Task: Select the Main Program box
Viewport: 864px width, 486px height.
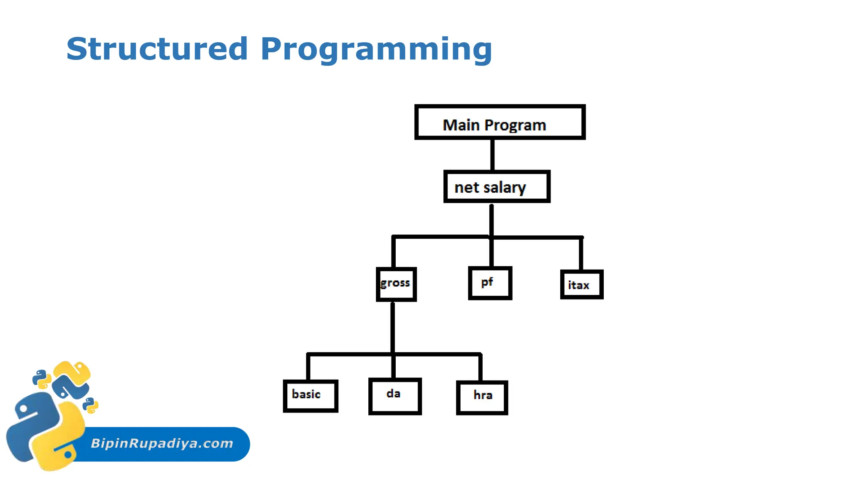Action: (x=499, y=122)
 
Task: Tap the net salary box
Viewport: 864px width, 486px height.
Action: (x=497, y=186)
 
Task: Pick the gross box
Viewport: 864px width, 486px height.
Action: (x=396, y=284)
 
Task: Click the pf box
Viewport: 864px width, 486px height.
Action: (x=490, y=283)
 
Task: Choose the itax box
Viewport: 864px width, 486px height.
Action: (x=581, y=285)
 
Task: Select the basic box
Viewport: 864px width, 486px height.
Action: (x=310, y=396)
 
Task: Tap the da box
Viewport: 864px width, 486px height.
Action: (x=395, y=396)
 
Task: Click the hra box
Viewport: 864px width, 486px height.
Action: (x=482, y=397)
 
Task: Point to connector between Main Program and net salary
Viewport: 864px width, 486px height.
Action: (x=492, y=155)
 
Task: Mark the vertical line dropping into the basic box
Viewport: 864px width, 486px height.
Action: (x=308, y=367)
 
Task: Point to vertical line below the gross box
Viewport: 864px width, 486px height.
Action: (x=393, y=327)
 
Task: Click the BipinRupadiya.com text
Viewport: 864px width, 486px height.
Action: (x=162, y=443)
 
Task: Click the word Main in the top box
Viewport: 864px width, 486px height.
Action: (x=461, y=125)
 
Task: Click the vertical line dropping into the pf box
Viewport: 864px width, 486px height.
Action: (x=491, y=253)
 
